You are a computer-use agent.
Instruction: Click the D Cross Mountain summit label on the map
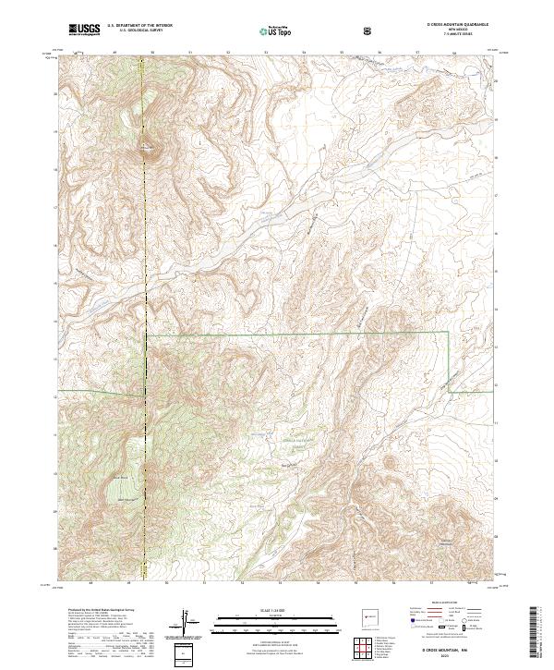148,145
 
